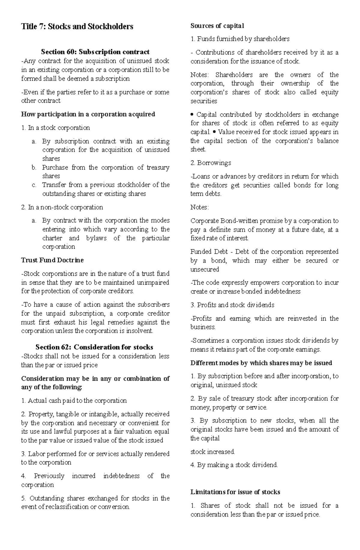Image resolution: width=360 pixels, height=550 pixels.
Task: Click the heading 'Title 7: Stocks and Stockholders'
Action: [77, 27]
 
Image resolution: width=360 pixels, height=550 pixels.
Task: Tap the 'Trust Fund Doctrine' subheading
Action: [52, 260]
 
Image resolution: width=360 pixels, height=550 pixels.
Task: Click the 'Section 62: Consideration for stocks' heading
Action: [94, 347]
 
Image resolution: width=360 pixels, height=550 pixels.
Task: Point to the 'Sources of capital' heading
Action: [217, 26]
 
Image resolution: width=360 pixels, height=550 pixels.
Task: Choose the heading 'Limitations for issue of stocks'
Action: [235, 492]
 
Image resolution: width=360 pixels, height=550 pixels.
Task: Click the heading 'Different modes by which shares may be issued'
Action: [261, 363]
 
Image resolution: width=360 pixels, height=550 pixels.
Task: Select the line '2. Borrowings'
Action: [211, 163]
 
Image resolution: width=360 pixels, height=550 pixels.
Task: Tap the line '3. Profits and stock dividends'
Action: [232, 305]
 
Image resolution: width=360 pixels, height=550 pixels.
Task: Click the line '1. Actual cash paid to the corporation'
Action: [74, 400]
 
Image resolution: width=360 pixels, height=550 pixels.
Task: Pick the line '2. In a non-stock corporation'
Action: [62, 207]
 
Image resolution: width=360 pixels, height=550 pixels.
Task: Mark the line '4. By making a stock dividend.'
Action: [234, 465]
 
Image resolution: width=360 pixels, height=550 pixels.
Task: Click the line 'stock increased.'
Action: [213, 451]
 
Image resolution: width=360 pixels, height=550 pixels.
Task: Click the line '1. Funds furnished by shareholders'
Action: [240, 39]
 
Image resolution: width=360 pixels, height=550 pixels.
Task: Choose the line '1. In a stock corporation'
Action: [55, 128]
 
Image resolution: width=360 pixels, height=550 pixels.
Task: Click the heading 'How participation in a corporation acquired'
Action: [88, 114]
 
